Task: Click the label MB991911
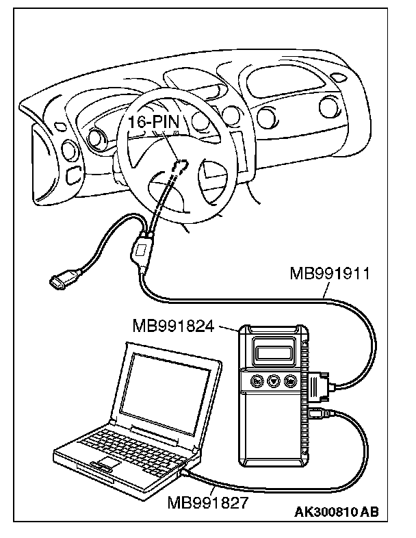point(330,276)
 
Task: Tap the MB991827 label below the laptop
point(207,503)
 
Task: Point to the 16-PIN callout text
point(153,123)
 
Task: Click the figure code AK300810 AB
point(337,512)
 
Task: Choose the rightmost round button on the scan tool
point(291,382)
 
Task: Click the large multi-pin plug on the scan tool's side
point(320,389)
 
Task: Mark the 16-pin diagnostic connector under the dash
point(181,166)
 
